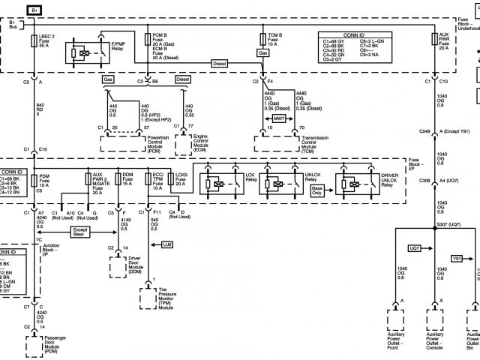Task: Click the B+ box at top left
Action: click(x=35, y=10)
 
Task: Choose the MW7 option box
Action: click(x=278, y=118)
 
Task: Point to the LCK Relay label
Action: click(x=250, y=178)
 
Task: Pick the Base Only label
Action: click(x=316, y=193)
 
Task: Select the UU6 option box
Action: click(x=166, y=244)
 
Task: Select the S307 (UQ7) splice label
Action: click(x=448, y=225)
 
